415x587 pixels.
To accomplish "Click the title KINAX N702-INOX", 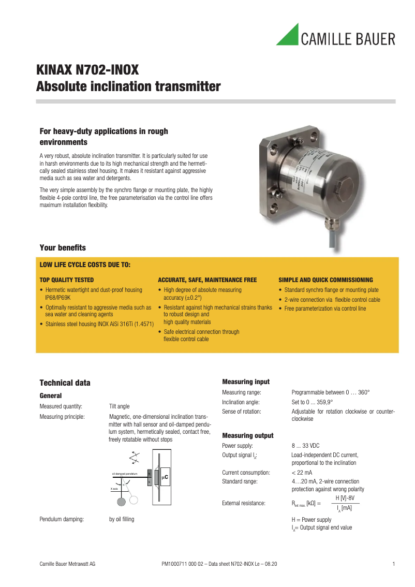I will pos(87,70).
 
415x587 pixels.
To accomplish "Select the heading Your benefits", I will pos(63,247).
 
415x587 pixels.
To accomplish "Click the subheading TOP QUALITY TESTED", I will pos(67,280).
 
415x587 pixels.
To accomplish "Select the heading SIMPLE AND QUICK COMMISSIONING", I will pos(325,280).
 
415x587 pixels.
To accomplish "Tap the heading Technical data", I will pos(65,383).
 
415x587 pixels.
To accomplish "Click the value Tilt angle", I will pos(119,406).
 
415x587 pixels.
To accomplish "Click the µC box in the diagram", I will pos(166,477).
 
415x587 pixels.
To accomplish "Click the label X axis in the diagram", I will pos(114,489).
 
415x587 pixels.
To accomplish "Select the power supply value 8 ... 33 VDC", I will pos(305,446).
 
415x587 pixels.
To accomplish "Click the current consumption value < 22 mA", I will pos(302,473).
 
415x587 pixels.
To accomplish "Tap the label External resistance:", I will pos(244,503).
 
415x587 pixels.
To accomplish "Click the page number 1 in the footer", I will pos(394,563).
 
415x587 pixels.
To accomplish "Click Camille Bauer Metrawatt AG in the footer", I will pos(67,563).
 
